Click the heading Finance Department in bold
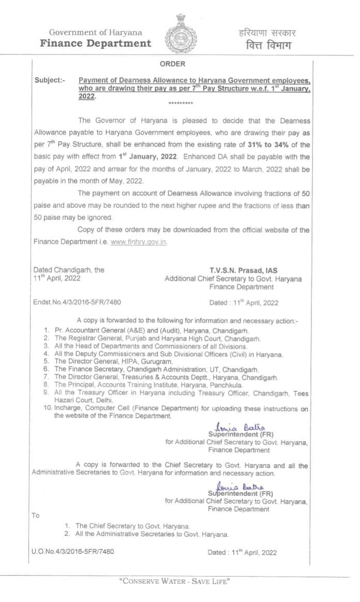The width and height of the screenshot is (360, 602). click(x=96, y=43)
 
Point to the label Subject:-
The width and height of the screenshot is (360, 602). click(x=50, y=81)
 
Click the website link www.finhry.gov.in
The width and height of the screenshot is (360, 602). click(x=139, y=242)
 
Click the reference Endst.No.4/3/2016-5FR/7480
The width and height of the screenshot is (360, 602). click(x=77, y=302)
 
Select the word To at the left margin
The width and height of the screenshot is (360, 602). click(x=36, y=516)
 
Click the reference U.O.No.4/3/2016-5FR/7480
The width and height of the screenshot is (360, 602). click(x=72, y=552)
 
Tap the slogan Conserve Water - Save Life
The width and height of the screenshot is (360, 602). click(x=174, y=581)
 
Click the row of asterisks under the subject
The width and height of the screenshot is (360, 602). click(x=180, y=104)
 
